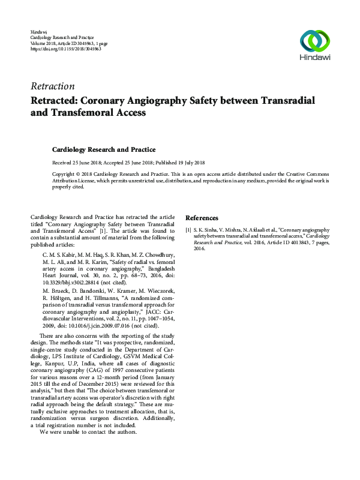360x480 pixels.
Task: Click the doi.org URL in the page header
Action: pyautogui.click(x=65, y=49)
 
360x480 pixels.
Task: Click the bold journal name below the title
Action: pyautogui.click(x=104, y=149)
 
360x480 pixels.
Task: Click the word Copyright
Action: pyautogui.click(x=65, y=173)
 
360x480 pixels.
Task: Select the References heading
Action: pyautogui.click(x=202, y=218)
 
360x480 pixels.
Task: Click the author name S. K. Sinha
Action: pyautogui.click(x=208, y=229)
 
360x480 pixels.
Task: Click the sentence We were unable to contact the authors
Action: pyautogui.click(x=88, y=432)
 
